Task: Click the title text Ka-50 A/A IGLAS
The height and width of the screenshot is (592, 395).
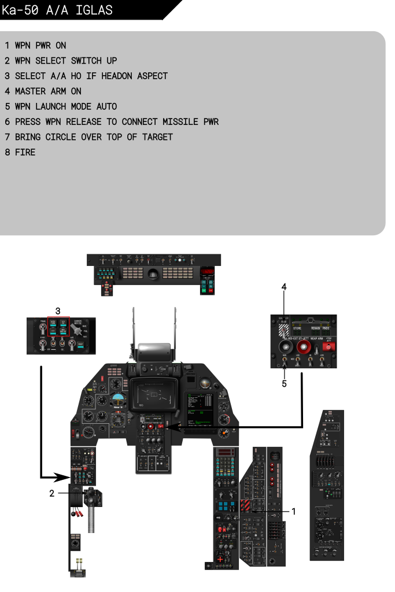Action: (57, 10)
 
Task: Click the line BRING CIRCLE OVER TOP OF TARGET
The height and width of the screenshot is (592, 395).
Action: (89, 137)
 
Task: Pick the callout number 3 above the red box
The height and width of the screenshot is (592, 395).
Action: (57, 311)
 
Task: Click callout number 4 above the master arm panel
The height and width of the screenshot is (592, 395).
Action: (284, 287)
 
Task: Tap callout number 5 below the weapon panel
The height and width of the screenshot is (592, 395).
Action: (284, 384)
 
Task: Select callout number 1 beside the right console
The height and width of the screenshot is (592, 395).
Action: (294, 512)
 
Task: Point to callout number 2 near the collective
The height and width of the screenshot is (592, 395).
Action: (51, 493)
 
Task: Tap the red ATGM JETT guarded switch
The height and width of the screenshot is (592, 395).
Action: (329, 346)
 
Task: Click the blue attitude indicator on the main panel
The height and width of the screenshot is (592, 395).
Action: (119, 399)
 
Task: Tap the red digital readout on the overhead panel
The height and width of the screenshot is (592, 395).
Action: (208, 271)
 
